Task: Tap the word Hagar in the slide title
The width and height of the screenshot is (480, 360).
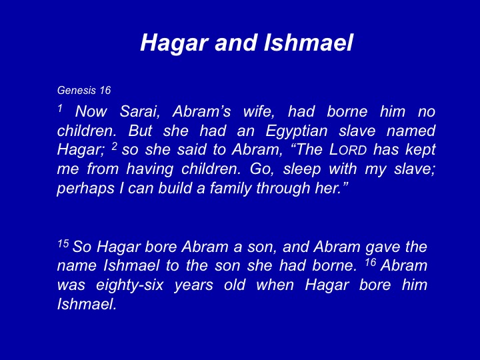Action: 175,43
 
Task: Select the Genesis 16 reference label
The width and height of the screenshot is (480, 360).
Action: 83,90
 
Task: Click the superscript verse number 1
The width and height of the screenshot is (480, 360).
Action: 60,108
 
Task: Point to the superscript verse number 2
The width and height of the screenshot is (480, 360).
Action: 114,146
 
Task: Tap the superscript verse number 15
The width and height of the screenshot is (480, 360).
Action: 63,244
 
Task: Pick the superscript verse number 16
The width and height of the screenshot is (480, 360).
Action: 370,263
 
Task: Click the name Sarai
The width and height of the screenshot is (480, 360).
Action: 139,111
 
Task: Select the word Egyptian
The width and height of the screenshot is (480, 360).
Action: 296,131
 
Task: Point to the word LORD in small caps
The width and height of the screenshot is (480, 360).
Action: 348,150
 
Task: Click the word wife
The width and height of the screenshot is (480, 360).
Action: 259,111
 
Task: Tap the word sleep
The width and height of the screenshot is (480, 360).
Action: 302,169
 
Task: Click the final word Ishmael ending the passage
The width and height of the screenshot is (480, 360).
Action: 87,304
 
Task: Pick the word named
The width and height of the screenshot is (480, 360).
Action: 411,131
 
